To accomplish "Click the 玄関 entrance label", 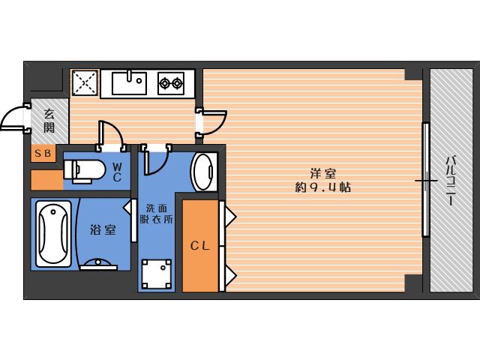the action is pos(49,121).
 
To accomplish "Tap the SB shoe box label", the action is pos(43,153).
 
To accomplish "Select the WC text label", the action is pos(117,172).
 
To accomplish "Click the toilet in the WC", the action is pos(84,171).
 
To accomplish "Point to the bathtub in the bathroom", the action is pos(53,234).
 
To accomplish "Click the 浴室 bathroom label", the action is pos(103,229).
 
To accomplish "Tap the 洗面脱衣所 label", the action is pos(157,214).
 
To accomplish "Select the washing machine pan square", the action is pos(157,274).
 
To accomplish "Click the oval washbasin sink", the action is pos(202,172).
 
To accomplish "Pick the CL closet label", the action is pos(200,246).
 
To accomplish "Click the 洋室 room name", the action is pos(323,173).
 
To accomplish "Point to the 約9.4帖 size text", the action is pos(323,187).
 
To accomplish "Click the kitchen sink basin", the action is pos(129,83).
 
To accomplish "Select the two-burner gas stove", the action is pos(171,83).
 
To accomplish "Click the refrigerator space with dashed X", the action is pos(85,82).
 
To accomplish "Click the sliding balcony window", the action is pos(425,180).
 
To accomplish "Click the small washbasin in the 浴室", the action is pos(98,265).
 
